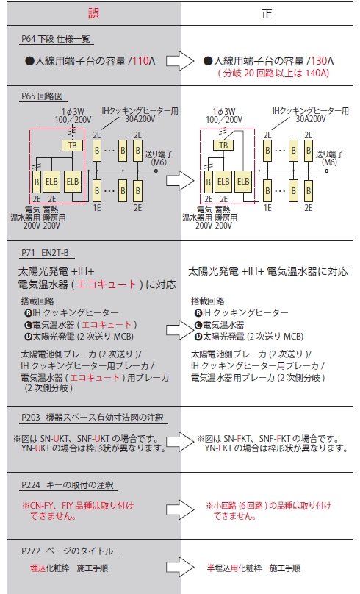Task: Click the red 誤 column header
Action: pos(93,14)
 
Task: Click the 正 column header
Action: pos(267,14)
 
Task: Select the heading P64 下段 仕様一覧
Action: pos(56,39)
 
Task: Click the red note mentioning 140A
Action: pos(273,73)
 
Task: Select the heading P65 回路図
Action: pos(42,96)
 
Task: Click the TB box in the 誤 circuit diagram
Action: pos(72,146)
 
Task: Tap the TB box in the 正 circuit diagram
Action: pos(223,146)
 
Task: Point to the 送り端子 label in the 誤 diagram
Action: pos(159,154)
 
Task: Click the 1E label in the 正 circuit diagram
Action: pos(267,207)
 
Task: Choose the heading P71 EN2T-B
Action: pos(45,253)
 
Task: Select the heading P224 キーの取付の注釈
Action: pos(68,485)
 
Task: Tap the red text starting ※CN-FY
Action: pos(78,510)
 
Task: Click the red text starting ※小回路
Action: pos(269,510)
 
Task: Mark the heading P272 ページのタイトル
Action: pos(68,551)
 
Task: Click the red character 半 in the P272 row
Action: pos(210,568)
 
